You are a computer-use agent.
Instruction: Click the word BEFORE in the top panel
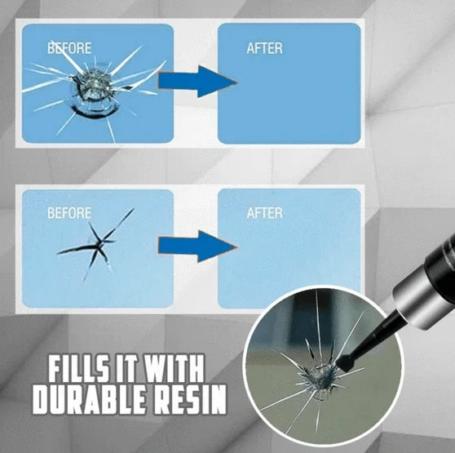[x=69, y=48]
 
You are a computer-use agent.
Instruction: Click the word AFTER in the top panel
[x=264, y=48]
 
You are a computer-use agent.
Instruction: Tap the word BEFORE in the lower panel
[x=69, y=214]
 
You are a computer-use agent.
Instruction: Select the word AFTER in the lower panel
[x=264, y=214]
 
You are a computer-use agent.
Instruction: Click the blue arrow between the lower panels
[x=197, y=246]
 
